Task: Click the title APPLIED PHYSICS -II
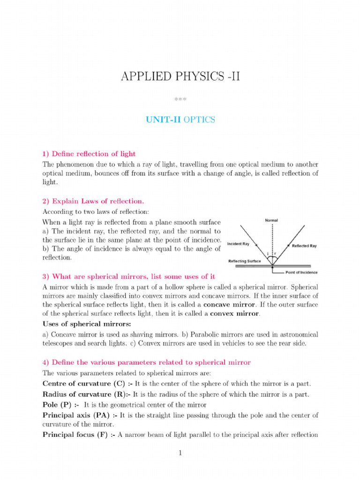click(180, 76)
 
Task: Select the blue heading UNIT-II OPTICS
click(180, 120)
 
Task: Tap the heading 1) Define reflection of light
click(89, 154)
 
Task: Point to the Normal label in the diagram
click(271, 220)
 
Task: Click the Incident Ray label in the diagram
click(239, 244)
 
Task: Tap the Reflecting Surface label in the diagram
click(245, 261)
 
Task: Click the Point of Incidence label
click(301, 272)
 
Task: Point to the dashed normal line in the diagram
click(271, 239)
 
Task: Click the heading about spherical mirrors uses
click(129, 277)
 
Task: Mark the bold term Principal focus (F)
click(79, 435)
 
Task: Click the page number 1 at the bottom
click(180, 454)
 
